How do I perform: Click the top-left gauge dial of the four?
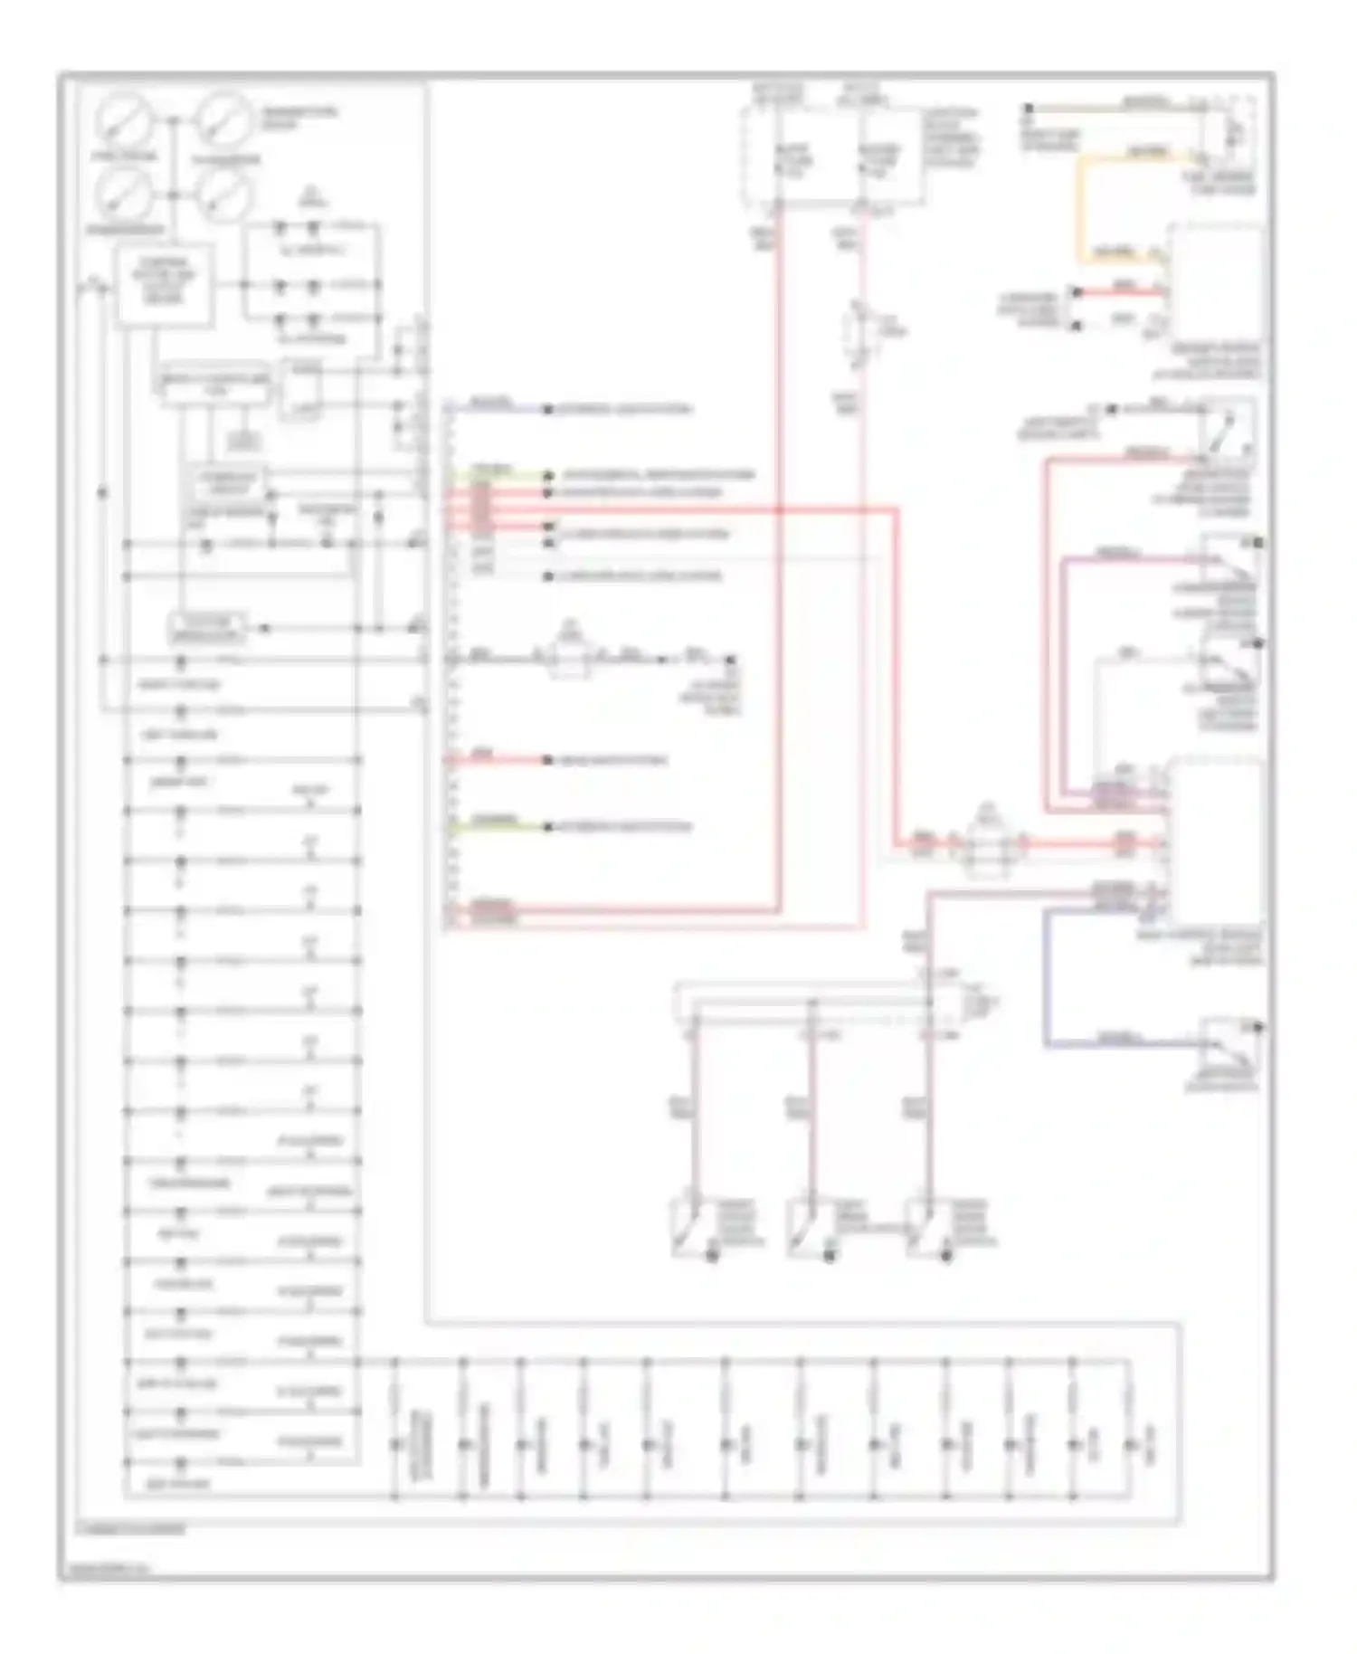click(124, 123)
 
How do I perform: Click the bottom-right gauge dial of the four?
click(224, 194)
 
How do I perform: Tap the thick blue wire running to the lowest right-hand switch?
click(1047, 977)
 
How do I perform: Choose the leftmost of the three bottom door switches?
click(688, 1229)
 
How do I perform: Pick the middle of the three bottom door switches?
click(805, 1229)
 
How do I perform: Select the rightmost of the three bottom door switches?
click(924, 1229)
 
